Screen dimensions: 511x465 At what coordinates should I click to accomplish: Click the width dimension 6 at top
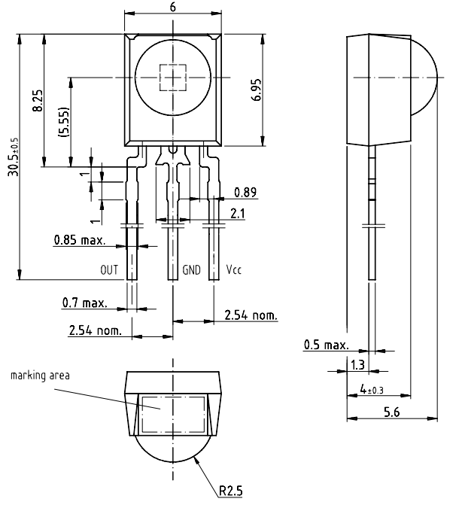tap(173, 6)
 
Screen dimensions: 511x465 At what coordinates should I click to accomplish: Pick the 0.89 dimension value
tap(245, 192)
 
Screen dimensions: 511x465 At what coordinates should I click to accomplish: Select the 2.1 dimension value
tap(238, 214)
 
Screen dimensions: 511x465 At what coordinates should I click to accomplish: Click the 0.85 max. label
tap(78, 242)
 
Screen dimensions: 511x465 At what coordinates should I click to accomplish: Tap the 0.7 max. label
tap(84, 303)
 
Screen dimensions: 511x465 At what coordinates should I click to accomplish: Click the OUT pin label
tap(110, 269)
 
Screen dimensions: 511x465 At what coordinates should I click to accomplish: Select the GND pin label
tap(192, 269)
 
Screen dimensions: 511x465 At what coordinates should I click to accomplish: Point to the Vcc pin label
tap(234, 269)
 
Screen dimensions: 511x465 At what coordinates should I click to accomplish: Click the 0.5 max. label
tap(327, 345)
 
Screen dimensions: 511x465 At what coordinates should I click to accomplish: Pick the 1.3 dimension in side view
tap(358, 364)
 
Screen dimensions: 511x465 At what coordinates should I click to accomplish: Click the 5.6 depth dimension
tap(391, 412)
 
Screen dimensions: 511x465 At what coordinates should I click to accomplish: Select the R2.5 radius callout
tap(231, 492)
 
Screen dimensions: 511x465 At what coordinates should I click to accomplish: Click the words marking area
tap(40, 375)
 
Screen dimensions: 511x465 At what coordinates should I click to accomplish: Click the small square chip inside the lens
tap(173, 78)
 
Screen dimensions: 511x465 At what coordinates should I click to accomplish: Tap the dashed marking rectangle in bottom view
tap(174, 413)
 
